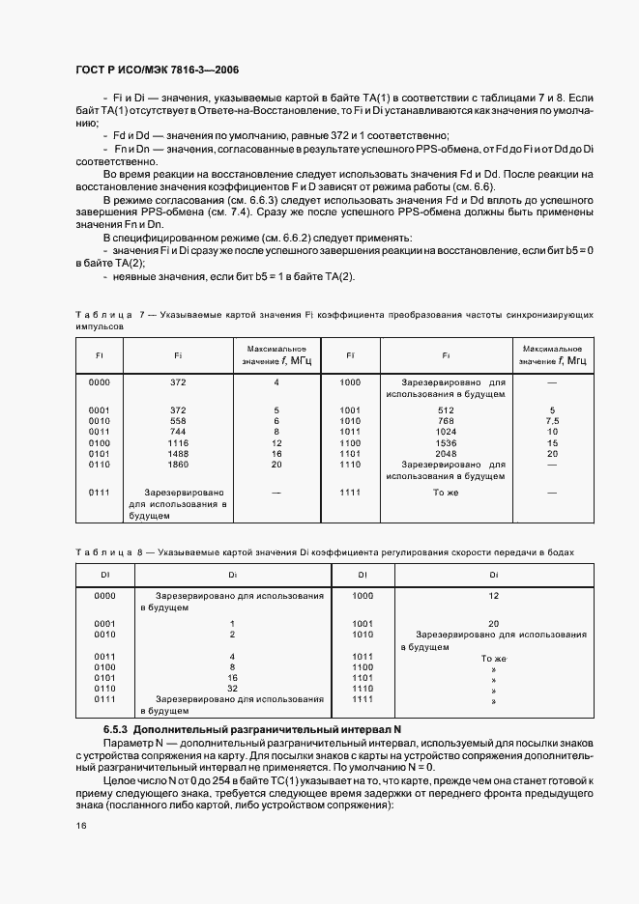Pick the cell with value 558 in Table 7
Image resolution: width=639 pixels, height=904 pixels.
(x=178, y=421)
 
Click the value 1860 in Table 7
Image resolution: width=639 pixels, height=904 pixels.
(x=178, y=465)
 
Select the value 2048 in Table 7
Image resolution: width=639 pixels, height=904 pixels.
(x=446, y=453)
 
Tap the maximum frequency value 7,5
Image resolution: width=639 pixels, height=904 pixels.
(x=552, y=421)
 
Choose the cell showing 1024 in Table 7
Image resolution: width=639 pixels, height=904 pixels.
(x=446, y=432)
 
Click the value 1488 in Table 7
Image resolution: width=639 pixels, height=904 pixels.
(x=178, y=453)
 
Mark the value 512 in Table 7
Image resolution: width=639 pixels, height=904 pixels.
(x=446, y=410)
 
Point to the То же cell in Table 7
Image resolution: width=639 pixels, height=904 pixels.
(x=446, y=493)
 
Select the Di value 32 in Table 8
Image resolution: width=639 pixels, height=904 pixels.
(x=232, y=689)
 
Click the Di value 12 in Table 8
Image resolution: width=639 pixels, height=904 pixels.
(x=493, y=597)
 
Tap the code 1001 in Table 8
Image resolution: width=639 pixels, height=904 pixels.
(x=363, y=623)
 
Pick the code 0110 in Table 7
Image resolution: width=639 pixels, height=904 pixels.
(x=99, y=465)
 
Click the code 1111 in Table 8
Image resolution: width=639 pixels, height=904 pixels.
(x=363, y=698)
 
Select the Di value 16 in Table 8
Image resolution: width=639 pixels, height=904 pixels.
(x=232, y=678)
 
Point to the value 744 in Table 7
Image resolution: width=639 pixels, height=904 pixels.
(x=178, y=432)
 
